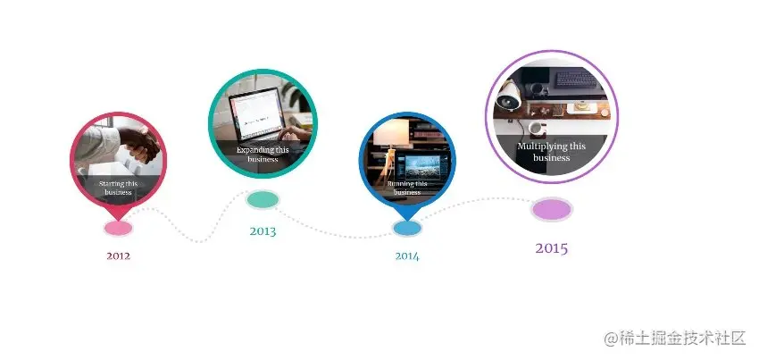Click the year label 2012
(x=119, y=256)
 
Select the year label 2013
(x=263, y=231)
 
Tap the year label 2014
(x=407, y=256)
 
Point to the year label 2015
(x=552, y=248)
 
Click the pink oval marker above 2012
(x=118, y=228)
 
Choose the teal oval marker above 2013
(x=263, y=199)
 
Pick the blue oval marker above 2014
(x=407, y=228)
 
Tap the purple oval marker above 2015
(x=552, y=210)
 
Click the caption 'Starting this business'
(x=118, y=188)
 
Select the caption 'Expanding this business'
(x=263, y=155)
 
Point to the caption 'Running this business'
(x=407, y=188)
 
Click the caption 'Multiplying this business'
(x=552, y=152)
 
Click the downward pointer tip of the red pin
(x=118, y=215)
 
